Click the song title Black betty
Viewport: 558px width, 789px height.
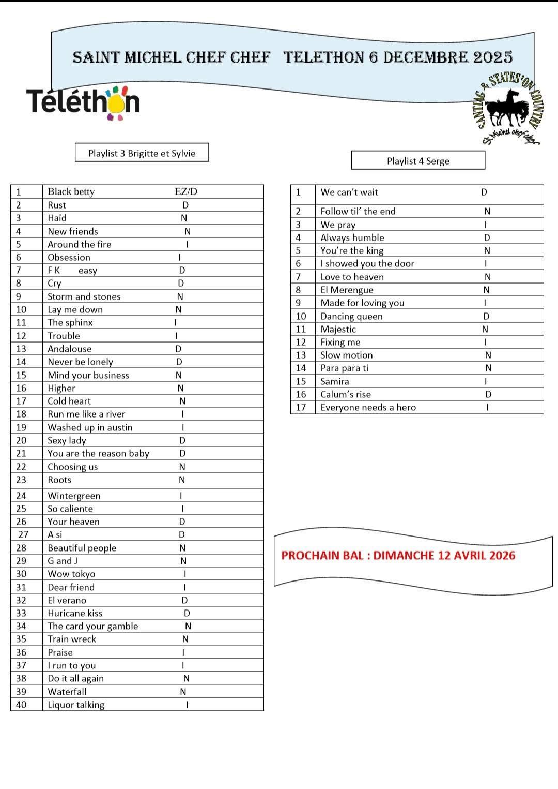coord(71,191)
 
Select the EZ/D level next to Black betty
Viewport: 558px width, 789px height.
coord(186,191)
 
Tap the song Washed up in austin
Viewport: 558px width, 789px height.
coord(90,427)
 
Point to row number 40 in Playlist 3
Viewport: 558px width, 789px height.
coord(21,704)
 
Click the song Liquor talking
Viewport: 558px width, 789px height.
coord(76,705)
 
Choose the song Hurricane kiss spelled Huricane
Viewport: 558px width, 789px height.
coord(75,613)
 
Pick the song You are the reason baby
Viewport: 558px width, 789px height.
coord(98,453)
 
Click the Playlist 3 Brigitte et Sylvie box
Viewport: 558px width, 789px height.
coord(142,153)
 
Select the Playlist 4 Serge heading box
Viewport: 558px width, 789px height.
coord(418,161)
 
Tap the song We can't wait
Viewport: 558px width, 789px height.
coord(349,192)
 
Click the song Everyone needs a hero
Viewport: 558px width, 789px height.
coord(368,407)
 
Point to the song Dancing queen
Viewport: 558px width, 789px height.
coord(351,316)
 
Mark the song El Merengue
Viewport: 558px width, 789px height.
coord(347,290)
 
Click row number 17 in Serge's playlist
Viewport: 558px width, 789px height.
coord(301,407)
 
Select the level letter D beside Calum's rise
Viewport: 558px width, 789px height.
coord(488,394)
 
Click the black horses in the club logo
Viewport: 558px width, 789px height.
coord(507,108)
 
